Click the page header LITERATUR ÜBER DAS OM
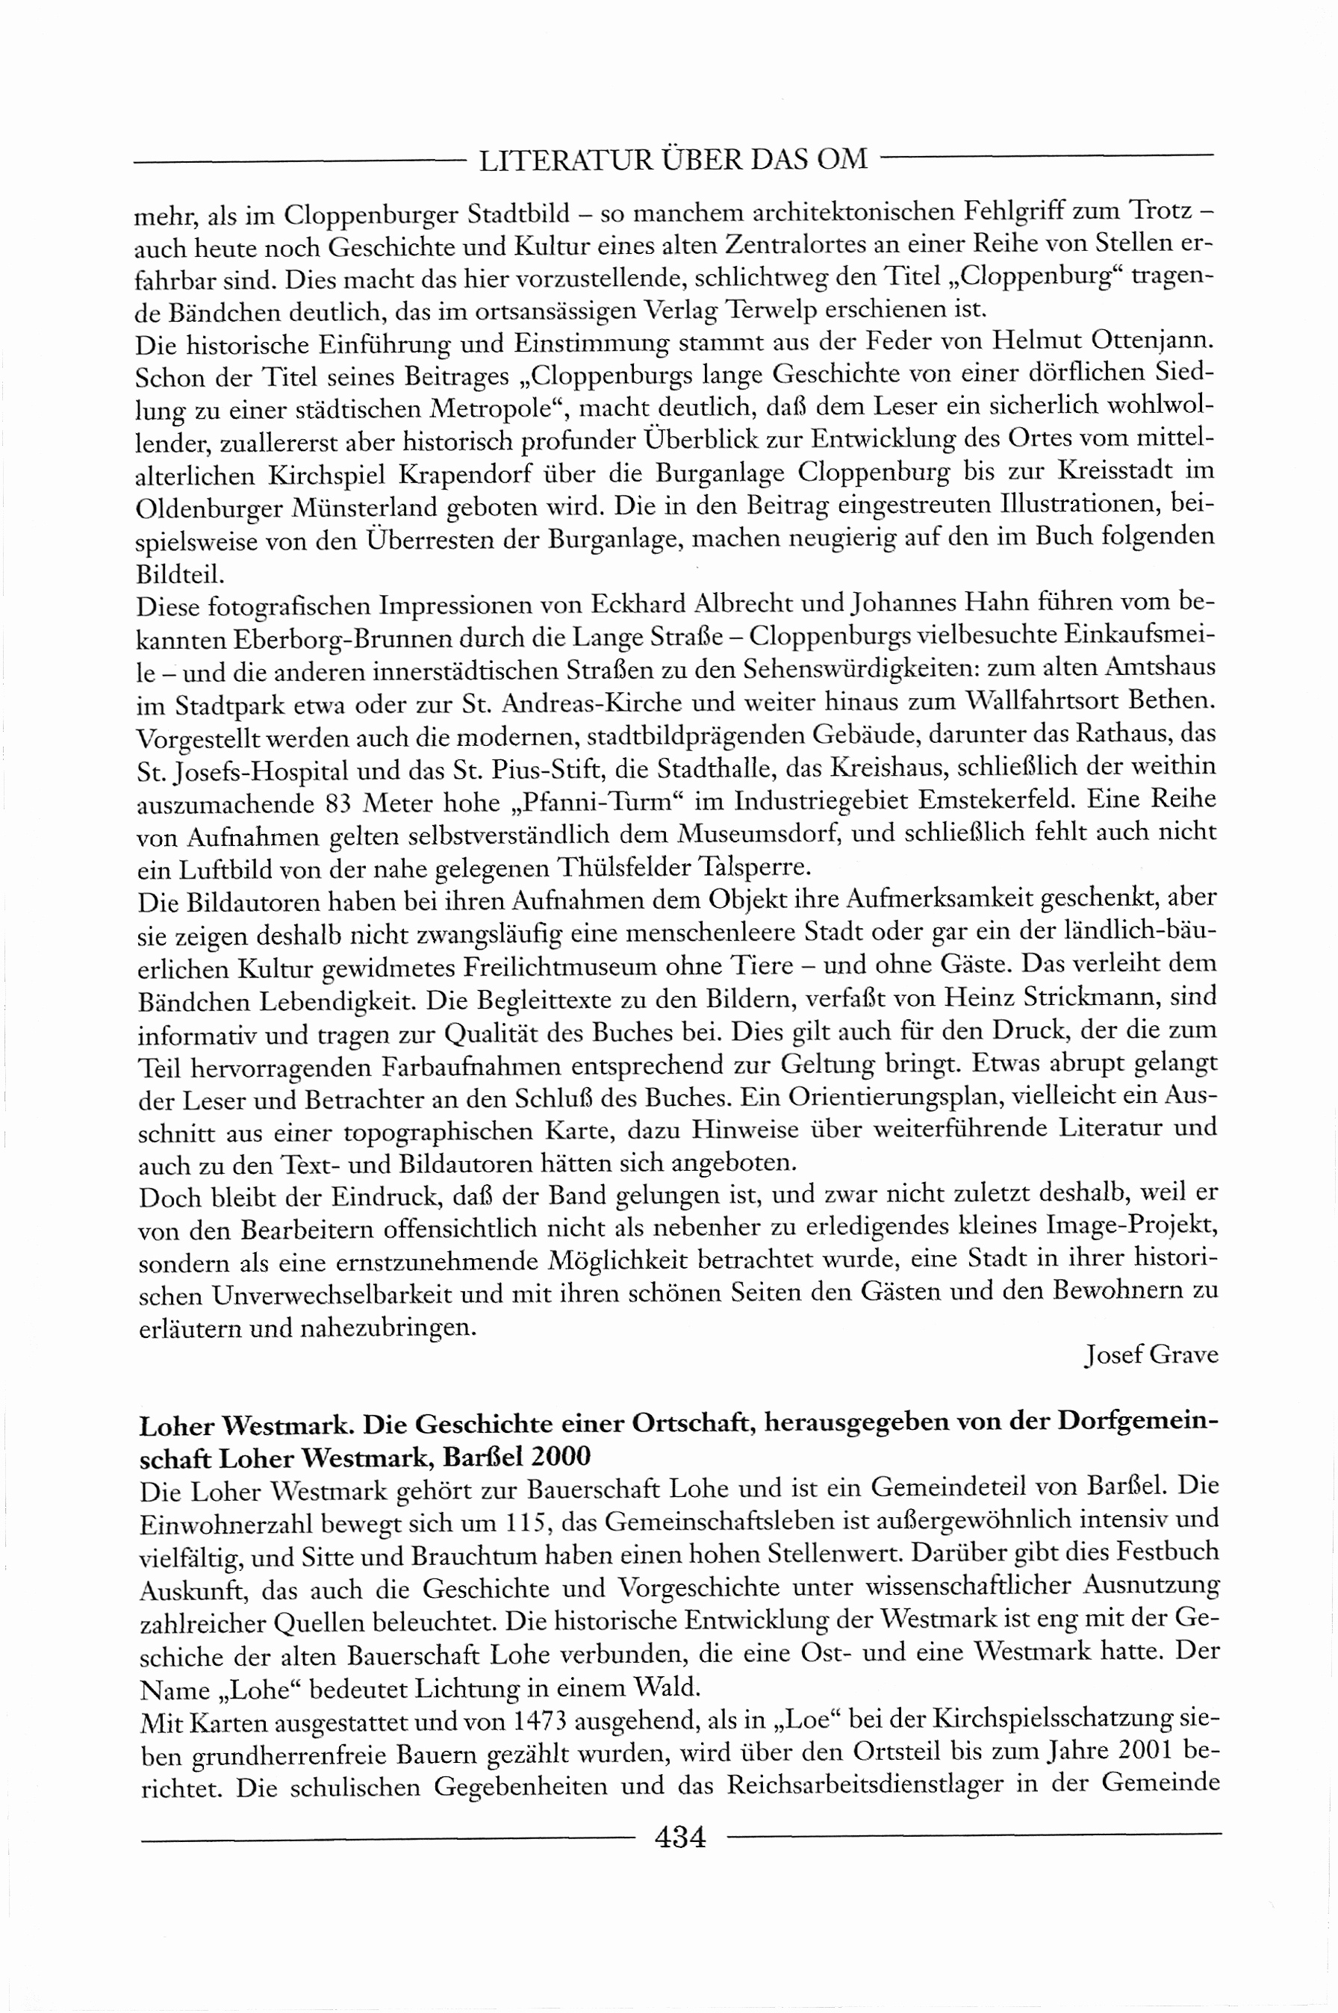(673, 160)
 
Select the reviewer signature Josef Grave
(1151, 1354)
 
